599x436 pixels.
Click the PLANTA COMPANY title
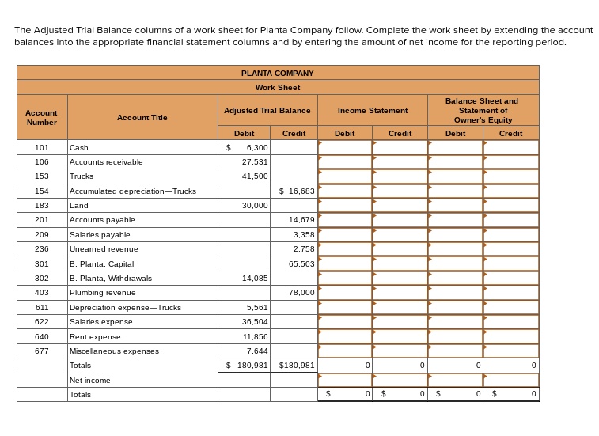277,73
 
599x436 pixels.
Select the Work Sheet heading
277,87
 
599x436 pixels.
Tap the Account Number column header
42,117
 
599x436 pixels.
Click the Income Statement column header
372,111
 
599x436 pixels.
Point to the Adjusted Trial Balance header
267,111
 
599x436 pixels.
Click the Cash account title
79,148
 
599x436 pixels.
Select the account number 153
42,176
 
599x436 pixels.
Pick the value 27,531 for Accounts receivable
255,161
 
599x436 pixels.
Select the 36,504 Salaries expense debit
255,322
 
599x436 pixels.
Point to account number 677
42,351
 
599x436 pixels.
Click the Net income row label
90,380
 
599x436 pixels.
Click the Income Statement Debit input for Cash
345,148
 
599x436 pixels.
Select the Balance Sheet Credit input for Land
510,205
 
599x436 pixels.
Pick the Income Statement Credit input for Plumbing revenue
400,292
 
